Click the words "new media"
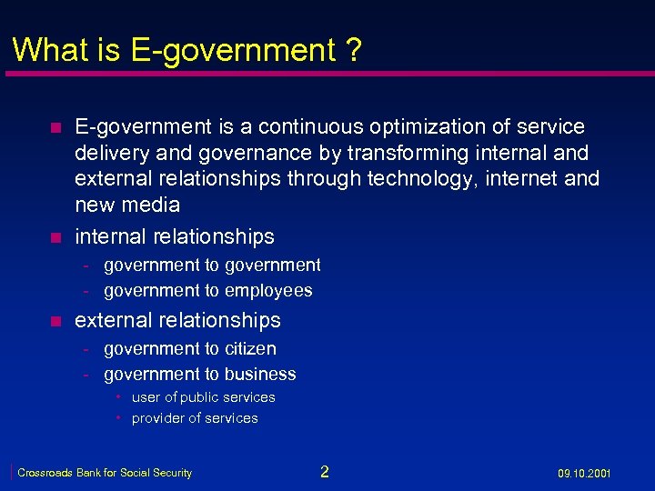[x=127, y=205]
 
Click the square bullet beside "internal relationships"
[x=55, y=238]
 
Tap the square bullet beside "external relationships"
[x=55, y=321]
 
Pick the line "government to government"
[x=212, y=266]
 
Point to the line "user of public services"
[x=203, y=397]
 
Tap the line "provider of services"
[x=195, y=418]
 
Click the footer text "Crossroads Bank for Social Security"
[x=105, y=473]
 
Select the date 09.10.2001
[x=584, y=474]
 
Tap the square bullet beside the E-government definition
[x=55, y=127]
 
